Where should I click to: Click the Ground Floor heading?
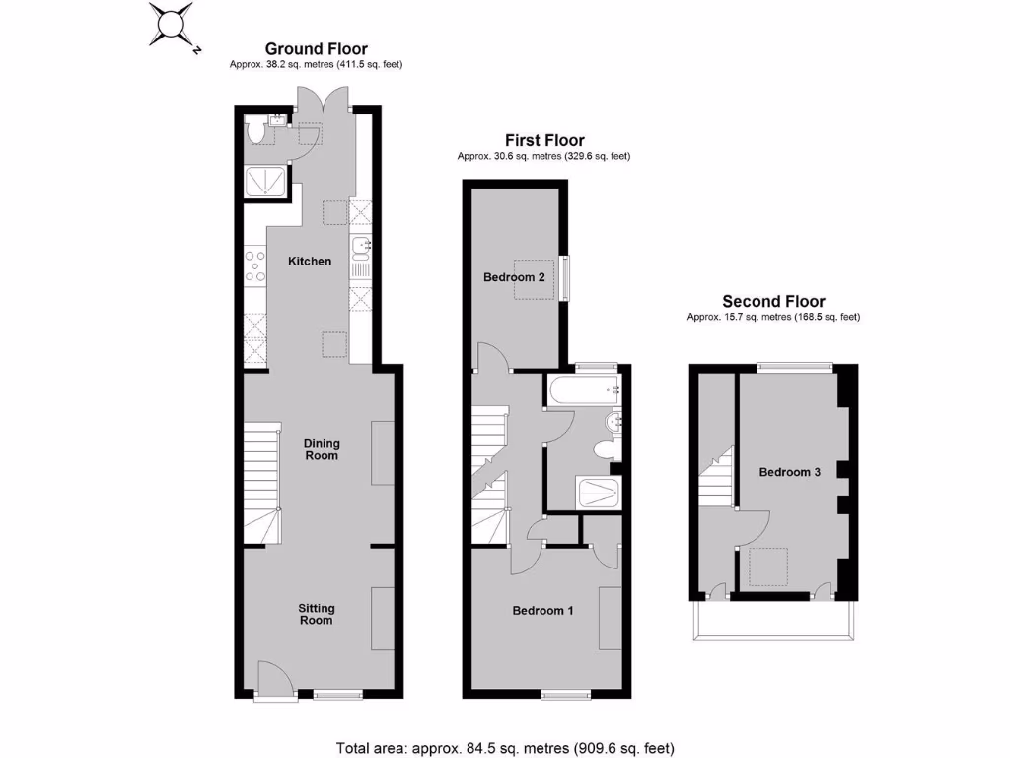(316, 48)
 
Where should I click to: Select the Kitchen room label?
(310, 262)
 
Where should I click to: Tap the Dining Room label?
(322, 450)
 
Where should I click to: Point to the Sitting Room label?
(317, 614)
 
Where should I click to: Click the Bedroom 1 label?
(542, 611)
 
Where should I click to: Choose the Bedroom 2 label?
(514, 277)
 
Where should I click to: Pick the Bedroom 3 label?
(789, 472)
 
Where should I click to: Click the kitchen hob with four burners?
(255, 265)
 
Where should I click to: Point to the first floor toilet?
(605, 450)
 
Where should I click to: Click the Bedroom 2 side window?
(566, 277)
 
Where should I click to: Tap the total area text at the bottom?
(505, 747)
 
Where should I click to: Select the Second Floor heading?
(773, 302)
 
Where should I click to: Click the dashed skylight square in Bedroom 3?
(767, 567)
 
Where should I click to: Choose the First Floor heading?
(544, 141)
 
